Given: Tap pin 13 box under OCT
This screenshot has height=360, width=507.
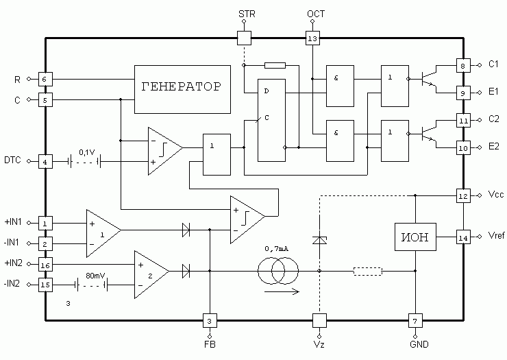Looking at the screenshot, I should [312, 38].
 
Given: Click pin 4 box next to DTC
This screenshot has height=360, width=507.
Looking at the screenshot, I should [46, 161].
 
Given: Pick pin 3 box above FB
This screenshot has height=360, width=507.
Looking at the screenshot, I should [210, 320].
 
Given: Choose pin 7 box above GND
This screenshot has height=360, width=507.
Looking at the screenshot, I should [415, 320].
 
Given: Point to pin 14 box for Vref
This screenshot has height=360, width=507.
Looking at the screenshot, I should [463, 238].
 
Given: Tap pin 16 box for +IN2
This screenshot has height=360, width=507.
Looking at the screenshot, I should [46, 265].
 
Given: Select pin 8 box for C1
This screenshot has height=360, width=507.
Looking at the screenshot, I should [463, 66].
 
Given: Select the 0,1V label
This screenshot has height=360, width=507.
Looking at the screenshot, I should [87, 152].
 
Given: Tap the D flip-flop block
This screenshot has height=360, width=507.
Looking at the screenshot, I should [271, 120].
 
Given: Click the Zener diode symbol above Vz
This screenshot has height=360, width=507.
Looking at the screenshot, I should [319, 240].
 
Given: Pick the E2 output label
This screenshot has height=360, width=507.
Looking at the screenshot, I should [493, 147].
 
